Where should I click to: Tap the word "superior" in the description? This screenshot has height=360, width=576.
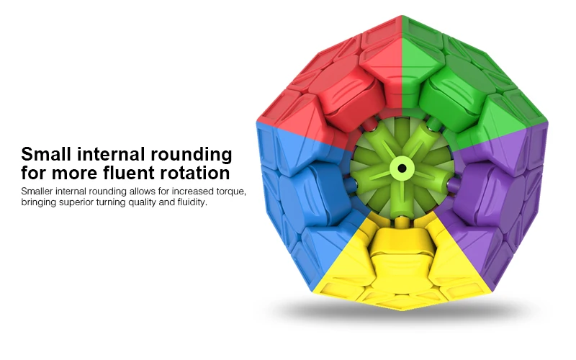[85, 203]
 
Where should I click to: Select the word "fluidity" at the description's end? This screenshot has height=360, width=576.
[191, 203]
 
